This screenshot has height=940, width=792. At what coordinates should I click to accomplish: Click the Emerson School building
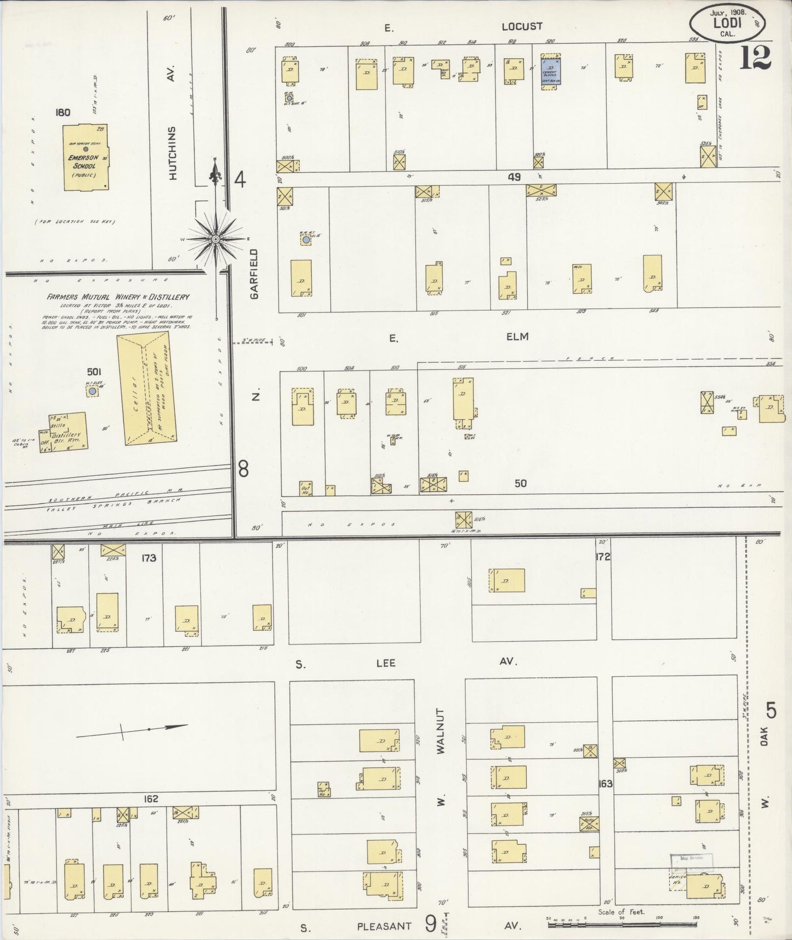(x=85, y=158)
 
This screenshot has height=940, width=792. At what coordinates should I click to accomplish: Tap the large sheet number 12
(x=755, y=58)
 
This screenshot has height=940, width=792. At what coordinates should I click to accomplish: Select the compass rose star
(x=216, y=240)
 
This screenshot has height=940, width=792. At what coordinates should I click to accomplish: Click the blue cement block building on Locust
(x=550, y=70)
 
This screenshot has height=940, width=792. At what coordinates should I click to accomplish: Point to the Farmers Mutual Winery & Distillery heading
(x=118, y=297)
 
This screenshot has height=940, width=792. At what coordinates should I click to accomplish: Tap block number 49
(x=514, y=177)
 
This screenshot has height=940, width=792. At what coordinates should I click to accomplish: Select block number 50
(x=521, y=483)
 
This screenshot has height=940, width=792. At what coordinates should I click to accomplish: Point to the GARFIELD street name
(x=254, y=274)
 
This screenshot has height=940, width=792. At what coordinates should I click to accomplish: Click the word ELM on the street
(x=517, y=336)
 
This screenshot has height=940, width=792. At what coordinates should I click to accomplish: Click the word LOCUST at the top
(x=522, y=26)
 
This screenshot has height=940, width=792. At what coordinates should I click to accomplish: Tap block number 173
(x=149, y=558)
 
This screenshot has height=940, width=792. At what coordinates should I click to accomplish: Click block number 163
(x=605, y=784)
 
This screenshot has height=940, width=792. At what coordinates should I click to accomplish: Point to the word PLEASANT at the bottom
(x=384, y=926)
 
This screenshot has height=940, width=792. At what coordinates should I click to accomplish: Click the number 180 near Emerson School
(x=62, y=112)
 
